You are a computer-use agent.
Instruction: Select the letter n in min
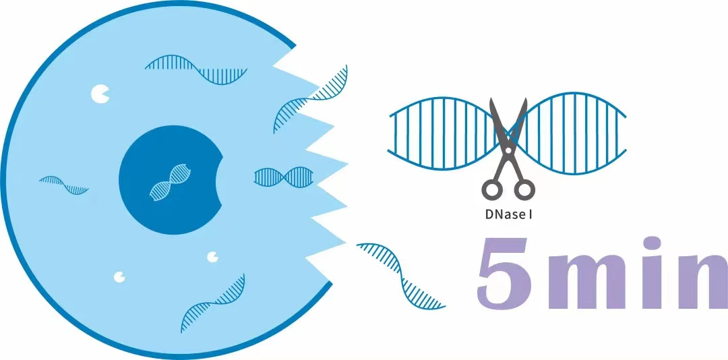(701, 282)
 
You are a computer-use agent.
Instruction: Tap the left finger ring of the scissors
(491, 189)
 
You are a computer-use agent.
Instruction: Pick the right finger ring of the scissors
(524, 189)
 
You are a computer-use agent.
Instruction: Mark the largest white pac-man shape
(100, 94)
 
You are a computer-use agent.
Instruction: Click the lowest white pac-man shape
(120, 276)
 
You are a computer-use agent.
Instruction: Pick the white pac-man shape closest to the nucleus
(213, 256)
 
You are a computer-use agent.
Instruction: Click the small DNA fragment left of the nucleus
(63, 184)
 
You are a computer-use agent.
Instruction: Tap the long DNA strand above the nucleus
(196, 69)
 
